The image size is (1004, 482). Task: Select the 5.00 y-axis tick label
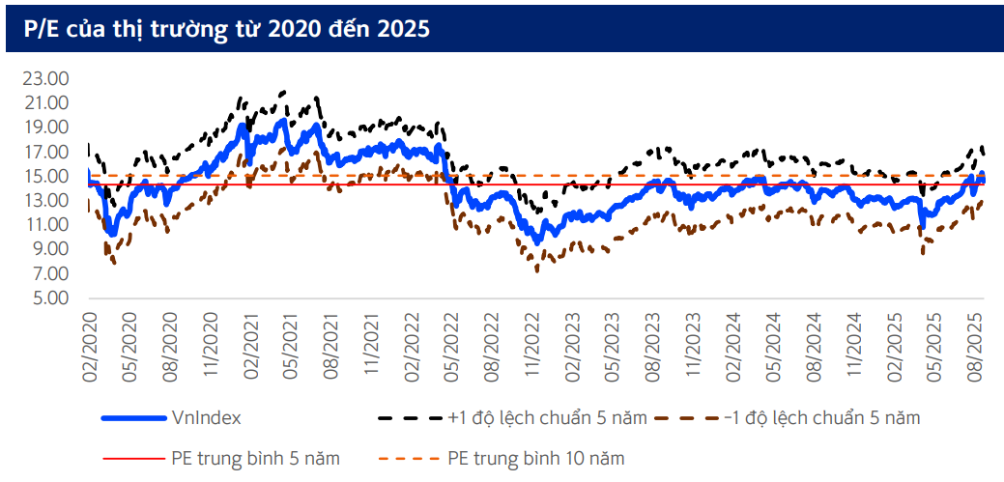click(49, 298)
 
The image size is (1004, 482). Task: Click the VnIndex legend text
click(206, 418)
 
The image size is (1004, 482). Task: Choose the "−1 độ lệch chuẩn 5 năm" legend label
click(821, 418)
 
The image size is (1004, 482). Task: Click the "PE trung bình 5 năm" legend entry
click(255, 457)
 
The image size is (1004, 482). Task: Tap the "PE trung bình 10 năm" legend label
click(535, 457)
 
